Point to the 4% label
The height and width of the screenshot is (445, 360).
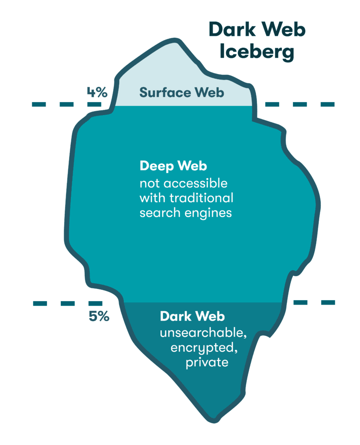coord(96,92)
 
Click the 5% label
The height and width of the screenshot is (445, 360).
coord(99,316)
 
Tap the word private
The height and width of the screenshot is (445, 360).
coord(207,362)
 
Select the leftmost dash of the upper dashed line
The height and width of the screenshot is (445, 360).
coord(40,104)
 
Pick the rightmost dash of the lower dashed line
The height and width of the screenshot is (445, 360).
coord(327,302)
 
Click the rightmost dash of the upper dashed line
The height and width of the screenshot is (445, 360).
coord(327,104)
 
